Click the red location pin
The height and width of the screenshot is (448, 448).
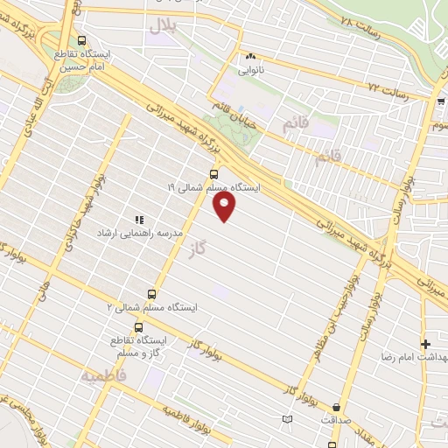[225, 205]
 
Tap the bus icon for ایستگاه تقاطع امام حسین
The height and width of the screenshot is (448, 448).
[82, 40]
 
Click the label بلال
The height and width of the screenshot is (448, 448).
[161, 26]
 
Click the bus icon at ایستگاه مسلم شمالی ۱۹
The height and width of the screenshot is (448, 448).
[213, 174]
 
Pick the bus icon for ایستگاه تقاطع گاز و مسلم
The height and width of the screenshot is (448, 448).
[138, 327]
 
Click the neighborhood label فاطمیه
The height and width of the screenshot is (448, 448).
[104, 377]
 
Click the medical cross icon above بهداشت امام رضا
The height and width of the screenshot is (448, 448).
[426, 344]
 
